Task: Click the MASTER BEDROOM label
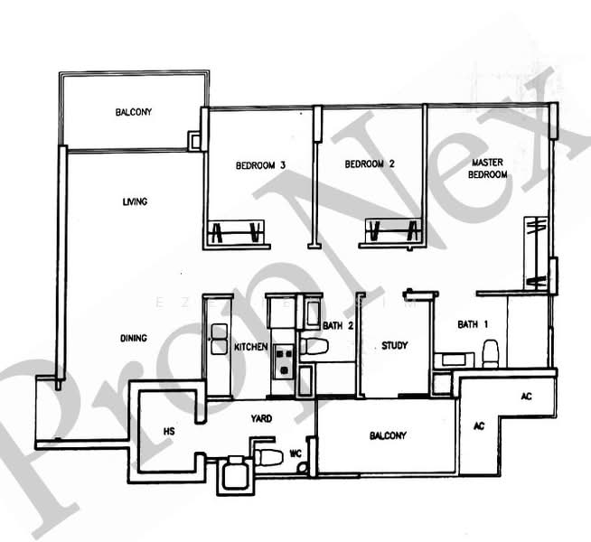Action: point(488,168)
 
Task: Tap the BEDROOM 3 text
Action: point(261,165)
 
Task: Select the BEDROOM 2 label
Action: point(371,165)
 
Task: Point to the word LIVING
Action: point(135,201)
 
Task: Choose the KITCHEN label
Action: point(249,347)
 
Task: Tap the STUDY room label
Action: point(395,345)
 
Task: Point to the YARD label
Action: point(262,418)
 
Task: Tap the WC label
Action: point(294,453)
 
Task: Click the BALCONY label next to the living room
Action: point(133,113)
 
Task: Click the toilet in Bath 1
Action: point(491,351)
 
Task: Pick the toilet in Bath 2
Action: point(315,345)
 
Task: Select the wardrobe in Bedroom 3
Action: point(237,233)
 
